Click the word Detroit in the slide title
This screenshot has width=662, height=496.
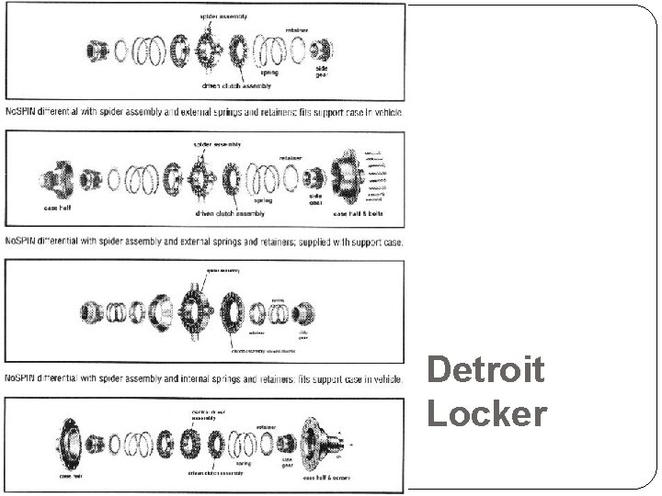pos(485,371)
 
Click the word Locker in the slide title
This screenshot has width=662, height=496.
pos(485,413)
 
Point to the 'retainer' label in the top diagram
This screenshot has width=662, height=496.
pos(296,30)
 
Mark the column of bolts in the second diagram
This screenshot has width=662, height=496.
pos(374,175)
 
